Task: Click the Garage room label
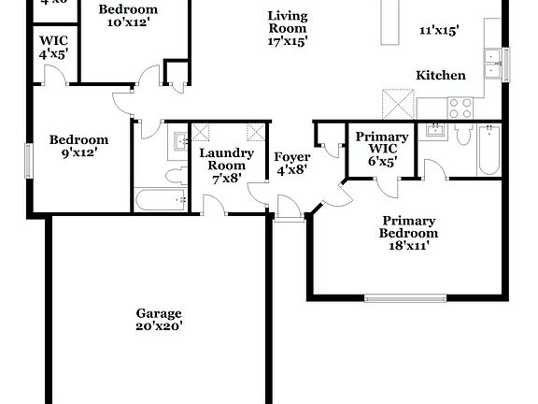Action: click(158, 313)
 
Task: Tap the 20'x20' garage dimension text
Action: click(158, 326)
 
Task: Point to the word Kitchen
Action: click(441, 75)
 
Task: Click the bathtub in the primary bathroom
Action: click(490, 150)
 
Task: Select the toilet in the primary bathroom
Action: click(462, 136)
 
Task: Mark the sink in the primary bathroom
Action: click(432, 130)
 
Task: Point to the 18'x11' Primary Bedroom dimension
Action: click(408, 247)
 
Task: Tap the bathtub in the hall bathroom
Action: click(161, 200)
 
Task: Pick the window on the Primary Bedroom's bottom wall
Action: click(403, 298)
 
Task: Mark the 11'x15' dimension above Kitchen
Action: click(438, 30)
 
